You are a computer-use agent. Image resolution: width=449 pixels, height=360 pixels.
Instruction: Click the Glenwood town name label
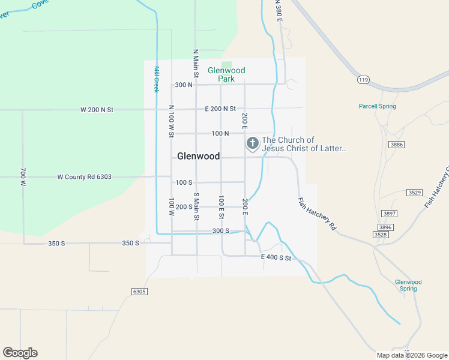point(198,156)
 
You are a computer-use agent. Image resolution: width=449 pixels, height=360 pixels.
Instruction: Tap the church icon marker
point(253,143)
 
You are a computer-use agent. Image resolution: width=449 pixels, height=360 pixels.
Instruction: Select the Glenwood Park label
point(226,74)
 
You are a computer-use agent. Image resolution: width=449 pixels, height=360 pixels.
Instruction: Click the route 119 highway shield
point(363,79)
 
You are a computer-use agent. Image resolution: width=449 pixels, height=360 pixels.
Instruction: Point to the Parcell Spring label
point(378,106)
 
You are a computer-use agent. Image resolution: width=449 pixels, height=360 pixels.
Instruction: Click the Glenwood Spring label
point(408,285)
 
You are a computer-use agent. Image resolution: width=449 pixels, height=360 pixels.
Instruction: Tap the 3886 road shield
point(396,145)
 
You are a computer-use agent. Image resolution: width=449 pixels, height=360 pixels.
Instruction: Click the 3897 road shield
point(390,214)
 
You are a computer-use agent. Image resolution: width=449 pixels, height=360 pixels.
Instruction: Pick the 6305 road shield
point(139,291)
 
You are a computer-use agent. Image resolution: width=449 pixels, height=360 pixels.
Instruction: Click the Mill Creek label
point(156,79)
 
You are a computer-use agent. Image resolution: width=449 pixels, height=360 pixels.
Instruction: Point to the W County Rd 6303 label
point(85,177)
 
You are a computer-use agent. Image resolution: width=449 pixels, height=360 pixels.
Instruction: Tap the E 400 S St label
point(276,258)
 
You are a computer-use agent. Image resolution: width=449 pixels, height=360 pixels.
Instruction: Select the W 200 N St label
point(97,110)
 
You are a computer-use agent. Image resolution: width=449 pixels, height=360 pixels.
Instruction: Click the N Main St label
point(196,63)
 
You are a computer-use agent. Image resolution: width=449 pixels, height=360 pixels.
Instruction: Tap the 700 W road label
point(24,177)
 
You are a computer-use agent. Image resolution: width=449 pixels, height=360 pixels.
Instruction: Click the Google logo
point(20,353)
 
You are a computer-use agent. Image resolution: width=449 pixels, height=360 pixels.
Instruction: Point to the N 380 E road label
point(279,11)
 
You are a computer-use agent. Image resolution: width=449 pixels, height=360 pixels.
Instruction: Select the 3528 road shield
point(379,235)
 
